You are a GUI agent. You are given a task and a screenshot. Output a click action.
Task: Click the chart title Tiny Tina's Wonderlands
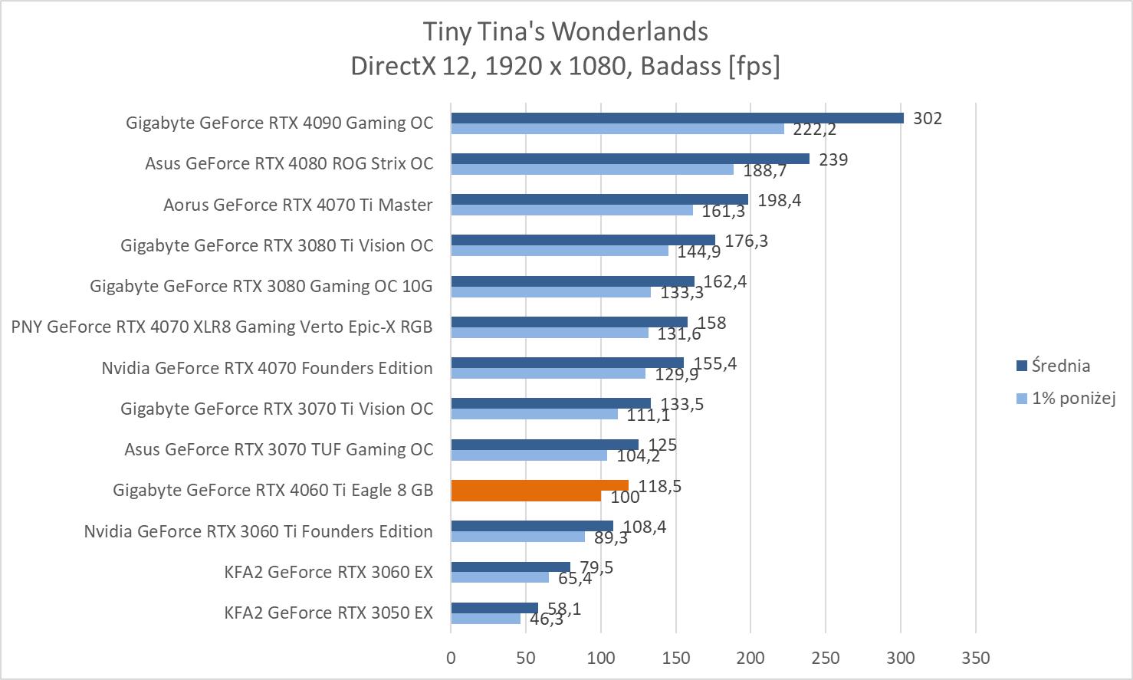(566, 31)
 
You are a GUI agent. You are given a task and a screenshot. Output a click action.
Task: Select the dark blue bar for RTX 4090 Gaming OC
(677, 118)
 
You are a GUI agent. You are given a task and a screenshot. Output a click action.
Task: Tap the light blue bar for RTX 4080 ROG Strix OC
(592, 169)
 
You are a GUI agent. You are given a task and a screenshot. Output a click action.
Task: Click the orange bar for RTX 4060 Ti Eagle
(539, 486)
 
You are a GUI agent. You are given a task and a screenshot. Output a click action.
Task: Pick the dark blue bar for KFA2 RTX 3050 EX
(494, 608)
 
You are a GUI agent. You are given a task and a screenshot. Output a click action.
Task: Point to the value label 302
(927, 118)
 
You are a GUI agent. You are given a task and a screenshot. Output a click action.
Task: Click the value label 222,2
(814, 130)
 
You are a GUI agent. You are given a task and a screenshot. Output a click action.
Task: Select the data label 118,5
(659, 486)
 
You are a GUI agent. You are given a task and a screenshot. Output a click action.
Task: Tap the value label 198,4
(779, 200)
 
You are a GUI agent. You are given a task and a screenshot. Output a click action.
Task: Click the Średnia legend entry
(1060, 366)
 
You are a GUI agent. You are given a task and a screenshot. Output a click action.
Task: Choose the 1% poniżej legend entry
(1072, 398)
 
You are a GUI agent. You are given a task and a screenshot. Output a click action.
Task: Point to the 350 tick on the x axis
(975, 658)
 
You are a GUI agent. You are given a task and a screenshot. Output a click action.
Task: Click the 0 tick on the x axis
(451, 658)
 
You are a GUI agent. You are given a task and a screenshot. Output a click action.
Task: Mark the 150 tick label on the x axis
(675, 658)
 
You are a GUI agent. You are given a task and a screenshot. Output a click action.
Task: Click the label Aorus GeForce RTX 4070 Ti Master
(297, 205)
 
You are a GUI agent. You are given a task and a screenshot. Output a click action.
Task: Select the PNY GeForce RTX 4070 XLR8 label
(222, 327)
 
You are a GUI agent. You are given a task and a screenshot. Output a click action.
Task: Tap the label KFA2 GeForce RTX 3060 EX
(328, 572)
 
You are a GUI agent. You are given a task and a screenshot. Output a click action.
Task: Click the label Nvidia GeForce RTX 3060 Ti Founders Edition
(258, 531)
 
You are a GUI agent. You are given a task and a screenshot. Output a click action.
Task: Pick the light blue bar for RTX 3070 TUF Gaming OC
(529, 455)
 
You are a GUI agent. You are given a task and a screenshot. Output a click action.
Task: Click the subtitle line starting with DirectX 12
(566, 66)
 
